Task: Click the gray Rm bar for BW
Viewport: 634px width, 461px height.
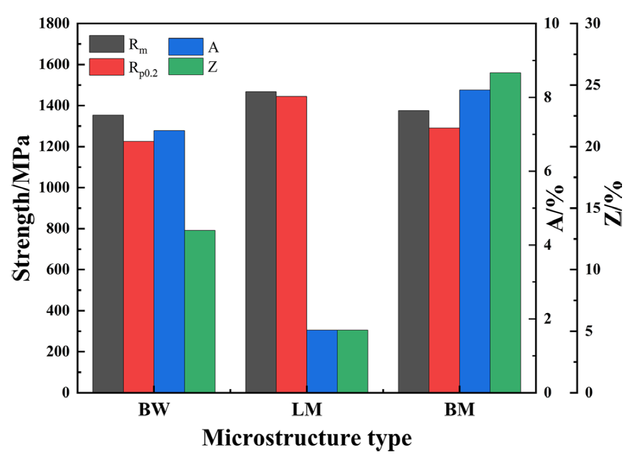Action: (108, 253)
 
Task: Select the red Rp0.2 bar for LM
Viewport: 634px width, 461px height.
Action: (291, 244)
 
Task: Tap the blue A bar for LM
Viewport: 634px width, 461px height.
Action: (322, 361)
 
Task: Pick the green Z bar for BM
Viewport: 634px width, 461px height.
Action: (505, 232)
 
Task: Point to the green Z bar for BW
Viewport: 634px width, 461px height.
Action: (200, 311)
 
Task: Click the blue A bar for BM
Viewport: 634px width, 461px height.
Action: (475, 241)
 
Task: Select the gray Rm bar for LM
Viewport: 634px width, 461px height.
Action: (261, 241)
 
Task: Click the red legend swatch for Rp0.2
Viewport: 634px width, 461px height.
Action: (107, 67)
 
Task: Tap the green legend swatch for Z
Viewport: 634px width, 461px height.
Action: (186, 67)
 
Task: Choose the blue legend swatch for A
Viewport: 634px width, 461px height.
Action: (186, 46)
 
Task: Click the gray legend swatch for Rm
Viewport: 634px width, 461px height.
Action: (107, 44)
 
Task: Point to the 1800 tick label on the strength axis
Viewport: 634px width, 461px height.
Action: (54, 23)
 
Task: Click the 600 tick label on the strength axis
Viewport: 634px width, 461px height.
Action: (58, 269)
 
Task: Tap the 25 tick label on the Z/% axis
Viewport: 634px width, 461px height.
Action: (593, 85)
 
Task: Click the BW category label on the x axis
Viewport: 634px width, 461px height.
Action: (154, 410)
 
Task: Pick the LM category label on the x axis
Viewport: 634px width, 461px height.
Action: (307, 410)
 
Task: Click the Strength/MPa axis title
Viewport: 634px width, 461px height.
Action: (21, 208)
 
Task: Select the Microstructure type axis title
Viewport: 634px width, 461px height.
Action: (307, 438)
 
